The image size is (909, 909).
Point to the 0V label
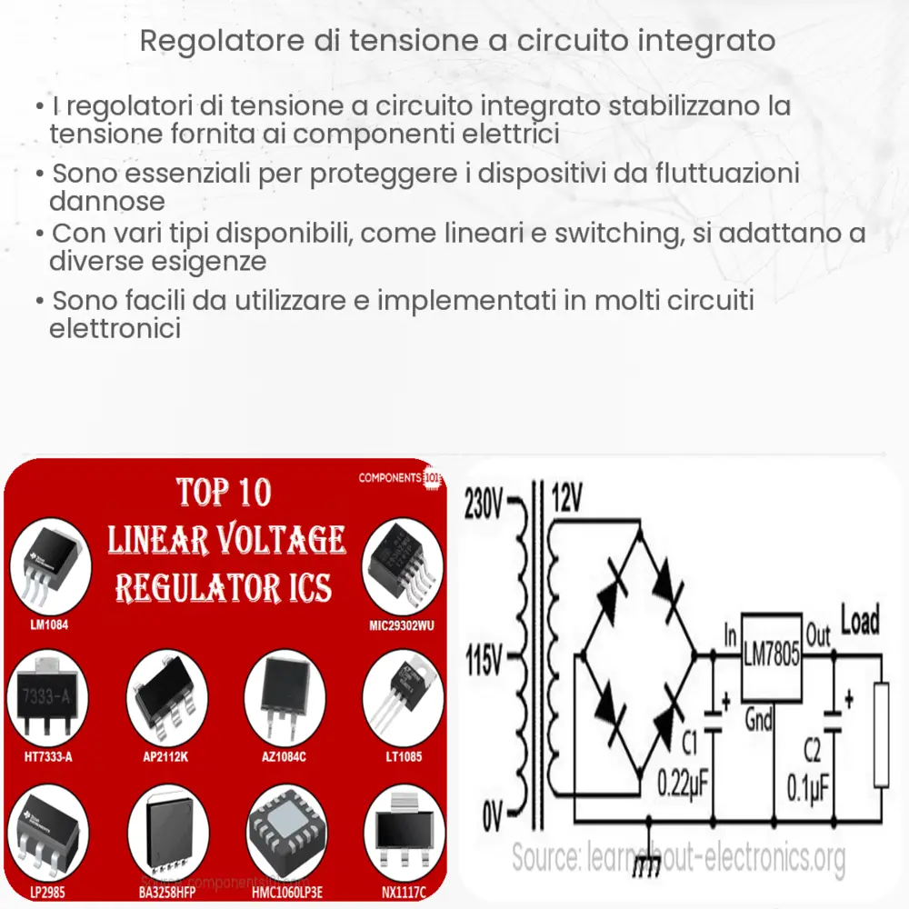(491, 816)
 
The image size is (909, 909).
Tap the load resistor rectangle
(880, 735)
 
